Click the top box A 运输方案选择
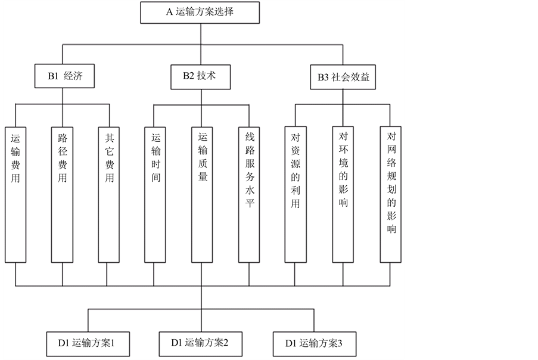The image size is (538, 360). tap(200, 12)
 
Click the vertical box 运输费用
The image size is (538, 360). tap(16, 194)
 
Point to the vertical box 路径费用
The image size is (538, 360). tap(63, 194)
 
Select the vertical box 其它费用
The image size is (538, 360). tap(109, 194)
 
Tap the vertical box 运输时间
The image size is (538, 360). tap(155, 194)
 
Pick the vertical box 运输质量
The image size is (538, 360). tap(203, 194)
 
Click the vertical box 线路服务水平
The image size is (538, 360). tap(250, 194)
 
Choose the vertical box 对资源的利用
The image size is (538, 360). tap(296, 194)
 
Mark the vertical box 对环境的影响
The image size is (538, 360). tap(343, 194)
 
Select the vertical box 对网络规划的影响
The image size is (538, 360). tap(391, 194)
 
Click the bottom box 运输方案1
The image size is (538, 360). tap(89, 343)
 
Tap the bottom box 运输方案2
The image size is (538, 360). tap(202, 343)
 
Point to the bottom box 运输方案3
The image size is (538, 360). tap(315, 343)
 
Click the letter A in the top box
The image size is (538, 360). tap(170, 12)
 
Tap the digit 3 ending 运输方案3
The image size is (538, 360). tap(340, 343)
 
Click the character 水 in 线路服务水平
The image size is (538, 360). tap(250, 191)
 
